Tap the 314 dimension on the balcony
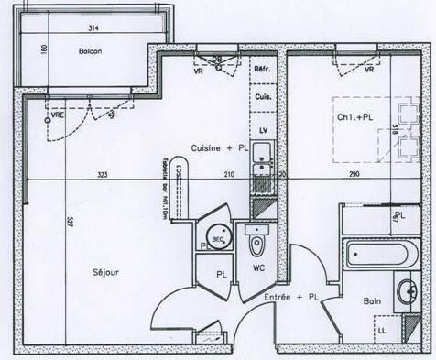click(93, 28)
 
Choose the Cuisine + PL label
click(218, 147)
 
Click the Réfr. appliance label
click(262, 69)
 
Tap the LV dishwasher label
click(263, 131)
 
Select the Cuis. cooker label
click(262, 97)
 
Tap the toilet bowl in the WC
click(256, 245)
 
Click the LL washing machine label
click(382, 328)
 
